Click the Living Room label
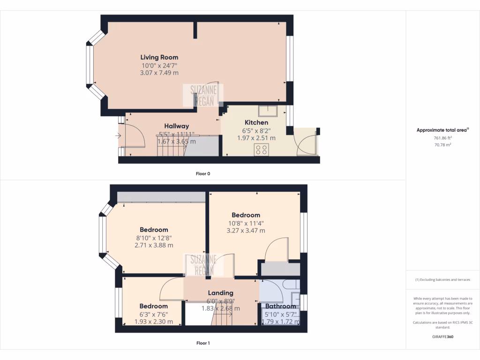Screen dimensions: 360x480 (159, 57)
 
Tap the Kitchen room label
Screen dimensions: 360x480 (255, 122)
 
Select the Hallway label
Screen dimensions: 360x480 (176, 126)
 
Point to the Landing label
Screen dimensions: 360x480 (220, 293)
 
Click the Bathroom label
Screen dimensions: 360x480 (281, 306)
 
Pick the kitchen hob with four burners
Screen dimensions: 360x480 (261, 150)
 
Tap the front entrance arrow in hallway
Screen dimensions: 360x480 (118, 136)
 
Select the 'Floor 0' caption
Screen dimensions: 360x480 (203, 173)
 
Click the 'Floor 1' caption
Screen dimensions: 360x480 (203, 343)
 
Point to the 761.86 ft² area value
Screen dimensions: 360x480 (442, 138)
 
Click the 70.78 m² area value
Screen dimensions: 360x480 (442, 145)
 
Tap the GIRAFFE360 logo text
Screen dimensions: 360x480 (442, 337)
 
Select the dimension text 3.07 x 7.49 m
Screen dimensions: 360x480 (159, 73)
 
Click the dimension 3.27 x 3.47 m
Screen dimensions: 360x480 (246, 230)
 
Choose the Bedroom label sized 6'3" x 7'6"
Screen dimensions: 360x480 (153, 306)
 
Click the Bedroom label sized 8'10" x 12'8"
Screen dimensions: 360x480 (154, 230)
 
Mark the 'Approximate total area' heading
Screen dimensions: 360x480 (442, 130)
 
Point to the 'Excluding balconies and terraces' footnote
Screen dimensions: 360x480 (442, 280)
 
